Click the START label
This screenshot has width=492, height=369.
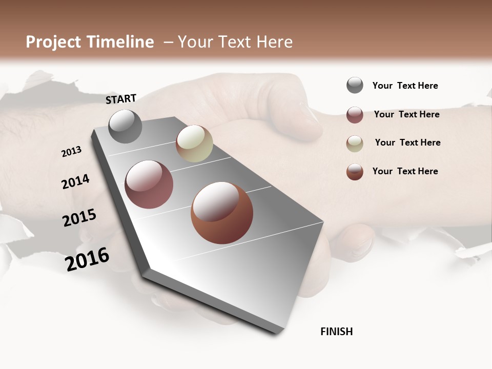pyautogui.click(x=121, y=99)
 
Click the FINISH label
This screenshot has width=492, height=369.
pyautogui.click(x=337, y=332)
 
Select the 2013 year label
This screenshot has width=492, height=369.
pyautogui.click(x=71, y=152)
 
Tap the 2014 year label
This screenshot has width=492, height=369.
pyautogui.click(x=75, y=182)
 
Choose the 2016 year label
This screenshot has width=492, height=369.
pyautogui.click(x=87, y=259)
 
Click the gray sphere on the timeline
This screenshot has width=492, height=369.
pyautogui.click(x=126, y=127)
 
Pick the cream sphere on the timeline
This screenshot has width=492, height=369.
pyautogui.click(x=194, y=143)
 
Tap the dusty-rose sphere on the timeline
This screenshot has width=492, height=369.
pyautogui.click(x=149, y=184)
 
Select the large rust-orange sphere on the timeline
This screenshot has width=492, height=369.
pyautogui.click(x=222, y=213)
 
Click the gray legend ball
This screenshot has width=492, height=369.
pyautogui.click(x=355, y=86)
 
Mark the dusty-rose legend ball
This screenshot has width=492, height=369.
pyautogui.click(x=355, y=115)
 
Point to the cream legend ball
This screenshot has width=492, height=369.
pyautogui.click(x=355, y=143)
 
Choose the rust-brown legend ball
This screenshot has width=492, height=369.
pyautogui.click(x=355, y=172)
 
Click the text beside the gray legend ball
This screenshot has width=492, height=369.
pyautogui.click(x=405, y=86)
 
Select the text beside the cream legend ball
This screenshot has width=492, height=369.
pyautogui.click(x=407, y=142)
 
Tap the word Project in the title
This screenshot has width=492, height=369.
pyautogui.click(x=53, y=42)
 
